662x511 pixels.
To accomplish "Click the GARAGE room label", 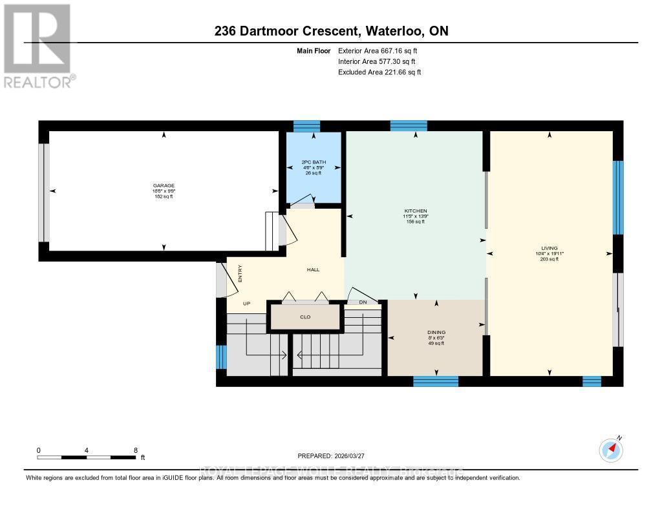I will [163, 185].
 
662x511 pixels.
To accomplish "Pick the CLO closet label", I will [305, 317].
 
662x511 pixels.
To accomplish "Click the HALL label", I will [313, 270].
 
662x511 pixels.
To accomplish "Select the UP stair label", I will [246, 303].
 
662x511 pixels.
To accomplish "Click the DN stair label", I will [363, 302].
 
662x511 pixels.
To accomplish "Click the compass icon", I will [611, 449].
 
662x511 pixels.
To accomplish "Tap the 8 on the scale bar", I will [135, 450].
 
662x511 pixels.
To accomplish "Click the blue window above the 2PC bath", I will [306, 126].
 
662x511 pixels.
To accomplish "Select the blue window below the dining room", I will [435, 381].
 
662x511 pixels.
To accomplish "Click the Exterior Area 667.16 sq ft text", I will [383, 50].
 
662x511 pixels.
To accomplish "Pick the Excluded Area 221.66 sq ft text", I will [379, 72].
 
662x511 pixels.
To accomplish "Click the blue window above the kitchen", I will [408, 126].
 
